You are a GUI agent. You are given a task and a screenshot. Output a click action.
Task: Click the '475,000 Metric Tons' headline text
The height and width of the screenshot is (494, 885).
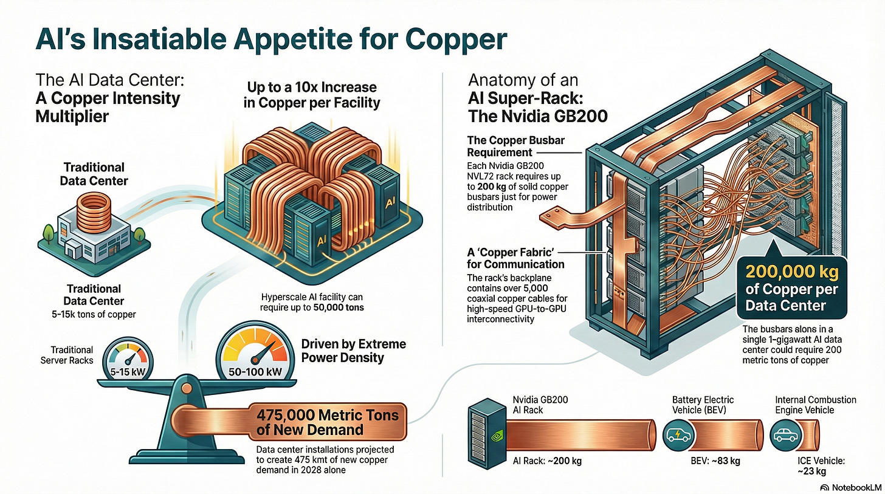click(328, 416)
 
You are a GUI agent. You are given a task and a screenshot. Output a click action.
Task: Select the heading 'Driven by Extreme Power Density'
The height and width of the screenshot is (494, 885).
click(354, 351)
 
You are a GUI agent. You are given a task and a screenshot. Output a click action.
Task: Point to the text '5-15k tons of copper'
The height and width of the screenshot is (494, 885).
click(95, 314)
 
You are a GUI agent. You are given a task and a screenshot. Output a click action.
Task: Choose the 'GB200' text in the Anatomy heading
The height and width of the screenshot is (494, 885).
click(578, 115)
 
